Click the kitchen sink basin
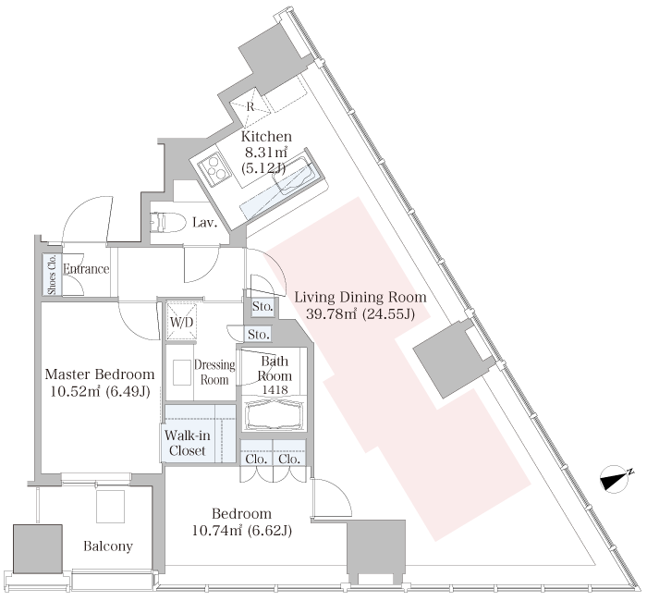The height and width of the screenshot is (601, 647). [x=296, y=176]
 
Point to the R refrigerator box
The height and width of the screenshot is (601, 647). [x=250, y=106]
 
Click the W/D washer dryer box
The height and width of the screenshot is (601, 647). [x=181, y=322]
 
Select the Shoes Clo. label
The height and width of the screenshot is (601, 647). [x=52, y=275]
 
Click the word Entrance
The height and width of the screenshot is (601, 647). [x=86, y=269]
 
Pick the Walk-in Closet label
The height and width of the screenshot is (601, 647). [x=188, y=443]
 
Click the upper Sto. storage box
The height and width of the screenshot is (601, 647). [x=262, y=307]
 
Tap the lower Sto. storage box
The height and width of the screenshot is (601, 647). [x=259, y=335]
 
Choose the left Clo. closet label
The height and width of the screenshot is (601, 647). [x=256, y=459]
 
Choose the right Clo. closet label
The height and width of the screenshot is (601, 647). [x=289, y=459]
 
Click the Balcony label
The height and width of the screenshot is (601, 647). [x=108, y=546]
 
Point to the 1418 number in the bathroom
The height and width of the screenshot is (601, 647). [x=275, y=389]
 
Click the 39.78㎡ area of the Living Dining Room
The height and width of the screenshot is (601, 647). [x=332, y=314]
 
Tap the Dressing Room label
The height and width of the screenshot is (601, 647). [x=214, y=373]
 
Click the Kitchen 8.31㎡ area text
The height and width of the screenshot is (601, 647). [x=266, y=153]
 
